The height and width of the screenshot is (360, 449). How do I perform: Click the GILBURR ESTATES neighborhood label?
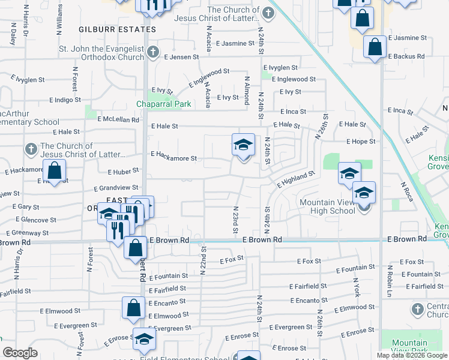point(118,29)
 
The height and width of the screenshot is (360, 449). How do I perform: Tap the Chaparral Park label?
point(163,104)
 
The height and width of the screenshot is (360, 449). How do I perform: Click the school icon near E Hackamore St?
point(243,145)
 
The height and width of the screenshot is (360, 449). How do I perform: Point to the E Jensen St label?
point(181,57)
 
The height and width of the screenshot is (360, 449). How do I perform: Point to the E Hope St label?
point(361,142)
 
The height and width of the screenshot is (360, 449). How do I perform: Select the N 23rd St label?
point(236,220)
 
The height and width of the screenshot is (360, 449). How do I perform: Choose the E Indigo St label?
point(65,100)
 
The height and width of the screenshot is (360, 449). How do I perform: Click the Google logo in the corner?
point(20,353)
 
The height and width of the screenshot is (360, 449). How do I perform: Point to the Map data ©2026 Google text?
point(411,355)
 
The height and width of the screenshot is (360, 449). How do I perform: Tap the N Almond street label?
point(247,90)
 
